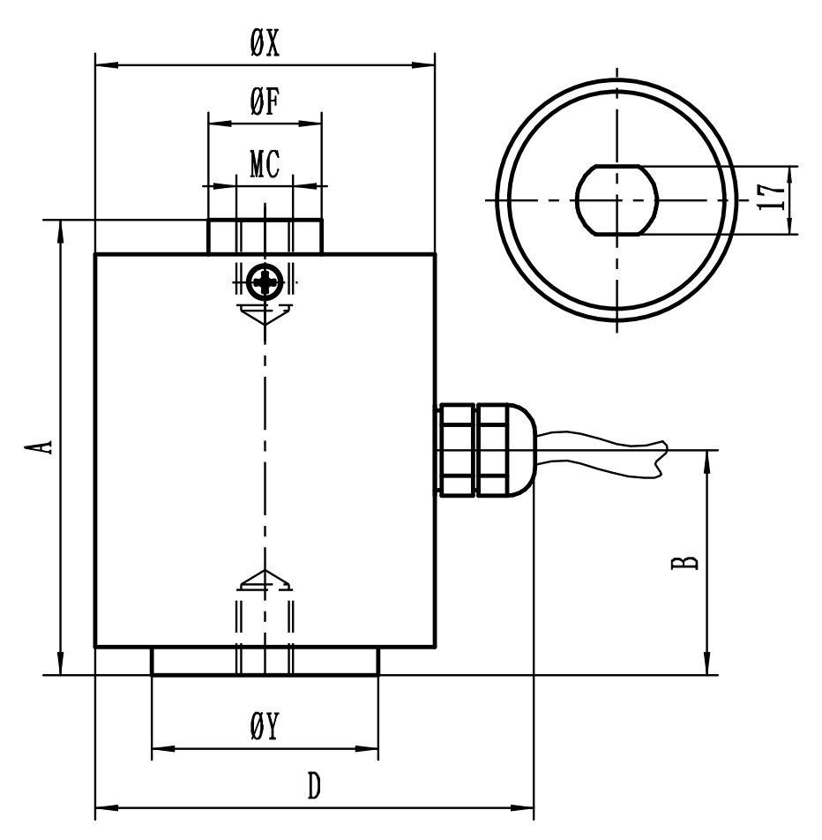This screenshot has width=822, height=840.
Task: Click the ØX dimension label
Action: click(265, 45)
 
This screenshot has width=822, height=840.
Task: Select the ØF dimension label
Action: click(265, 102)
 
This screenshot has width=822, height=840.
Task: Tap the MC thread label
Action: click(265, 167)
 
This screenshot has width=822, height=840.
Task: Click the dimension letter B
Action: click(691, 562)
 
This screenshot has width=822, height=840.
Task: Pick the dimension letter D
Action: click(313, 785)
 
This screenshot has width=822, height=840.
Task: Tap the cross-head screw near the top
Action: click(264, 282)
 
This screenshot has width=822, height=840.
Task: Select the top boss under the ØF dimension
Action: click(265, 236)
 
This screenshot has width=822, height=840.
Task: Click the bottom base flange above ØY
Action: click(265, 661)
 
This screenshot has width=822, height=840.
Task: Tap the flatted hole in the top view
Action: click(617, 199)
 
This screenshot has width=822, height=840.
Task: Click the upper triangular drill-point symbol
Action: click(264, 314)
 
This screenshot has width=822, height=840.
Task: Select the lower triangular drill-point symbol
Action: click(264, 579)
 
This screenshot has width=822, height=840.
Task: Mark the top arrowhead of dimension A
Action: click(60, 231)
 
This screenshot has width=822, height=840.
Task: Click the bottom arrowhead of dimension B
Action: click(706, 665)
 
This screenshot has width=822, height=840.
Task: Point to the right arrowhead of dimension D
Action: click(524, 806)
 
